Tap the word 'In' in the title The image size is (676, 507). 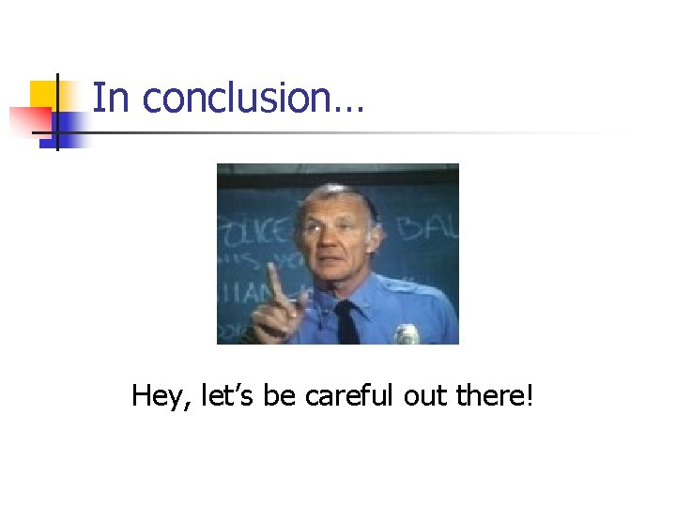(x=111, y=98)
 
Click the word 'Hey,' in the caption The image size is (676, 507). (x=162, y=397)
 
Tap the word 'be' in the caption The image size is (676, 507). (x=280, y=396)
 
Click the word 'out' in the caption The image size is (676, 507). (x=424, y=396)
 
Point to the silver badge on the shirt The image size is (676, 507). (x=407, y=334)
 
